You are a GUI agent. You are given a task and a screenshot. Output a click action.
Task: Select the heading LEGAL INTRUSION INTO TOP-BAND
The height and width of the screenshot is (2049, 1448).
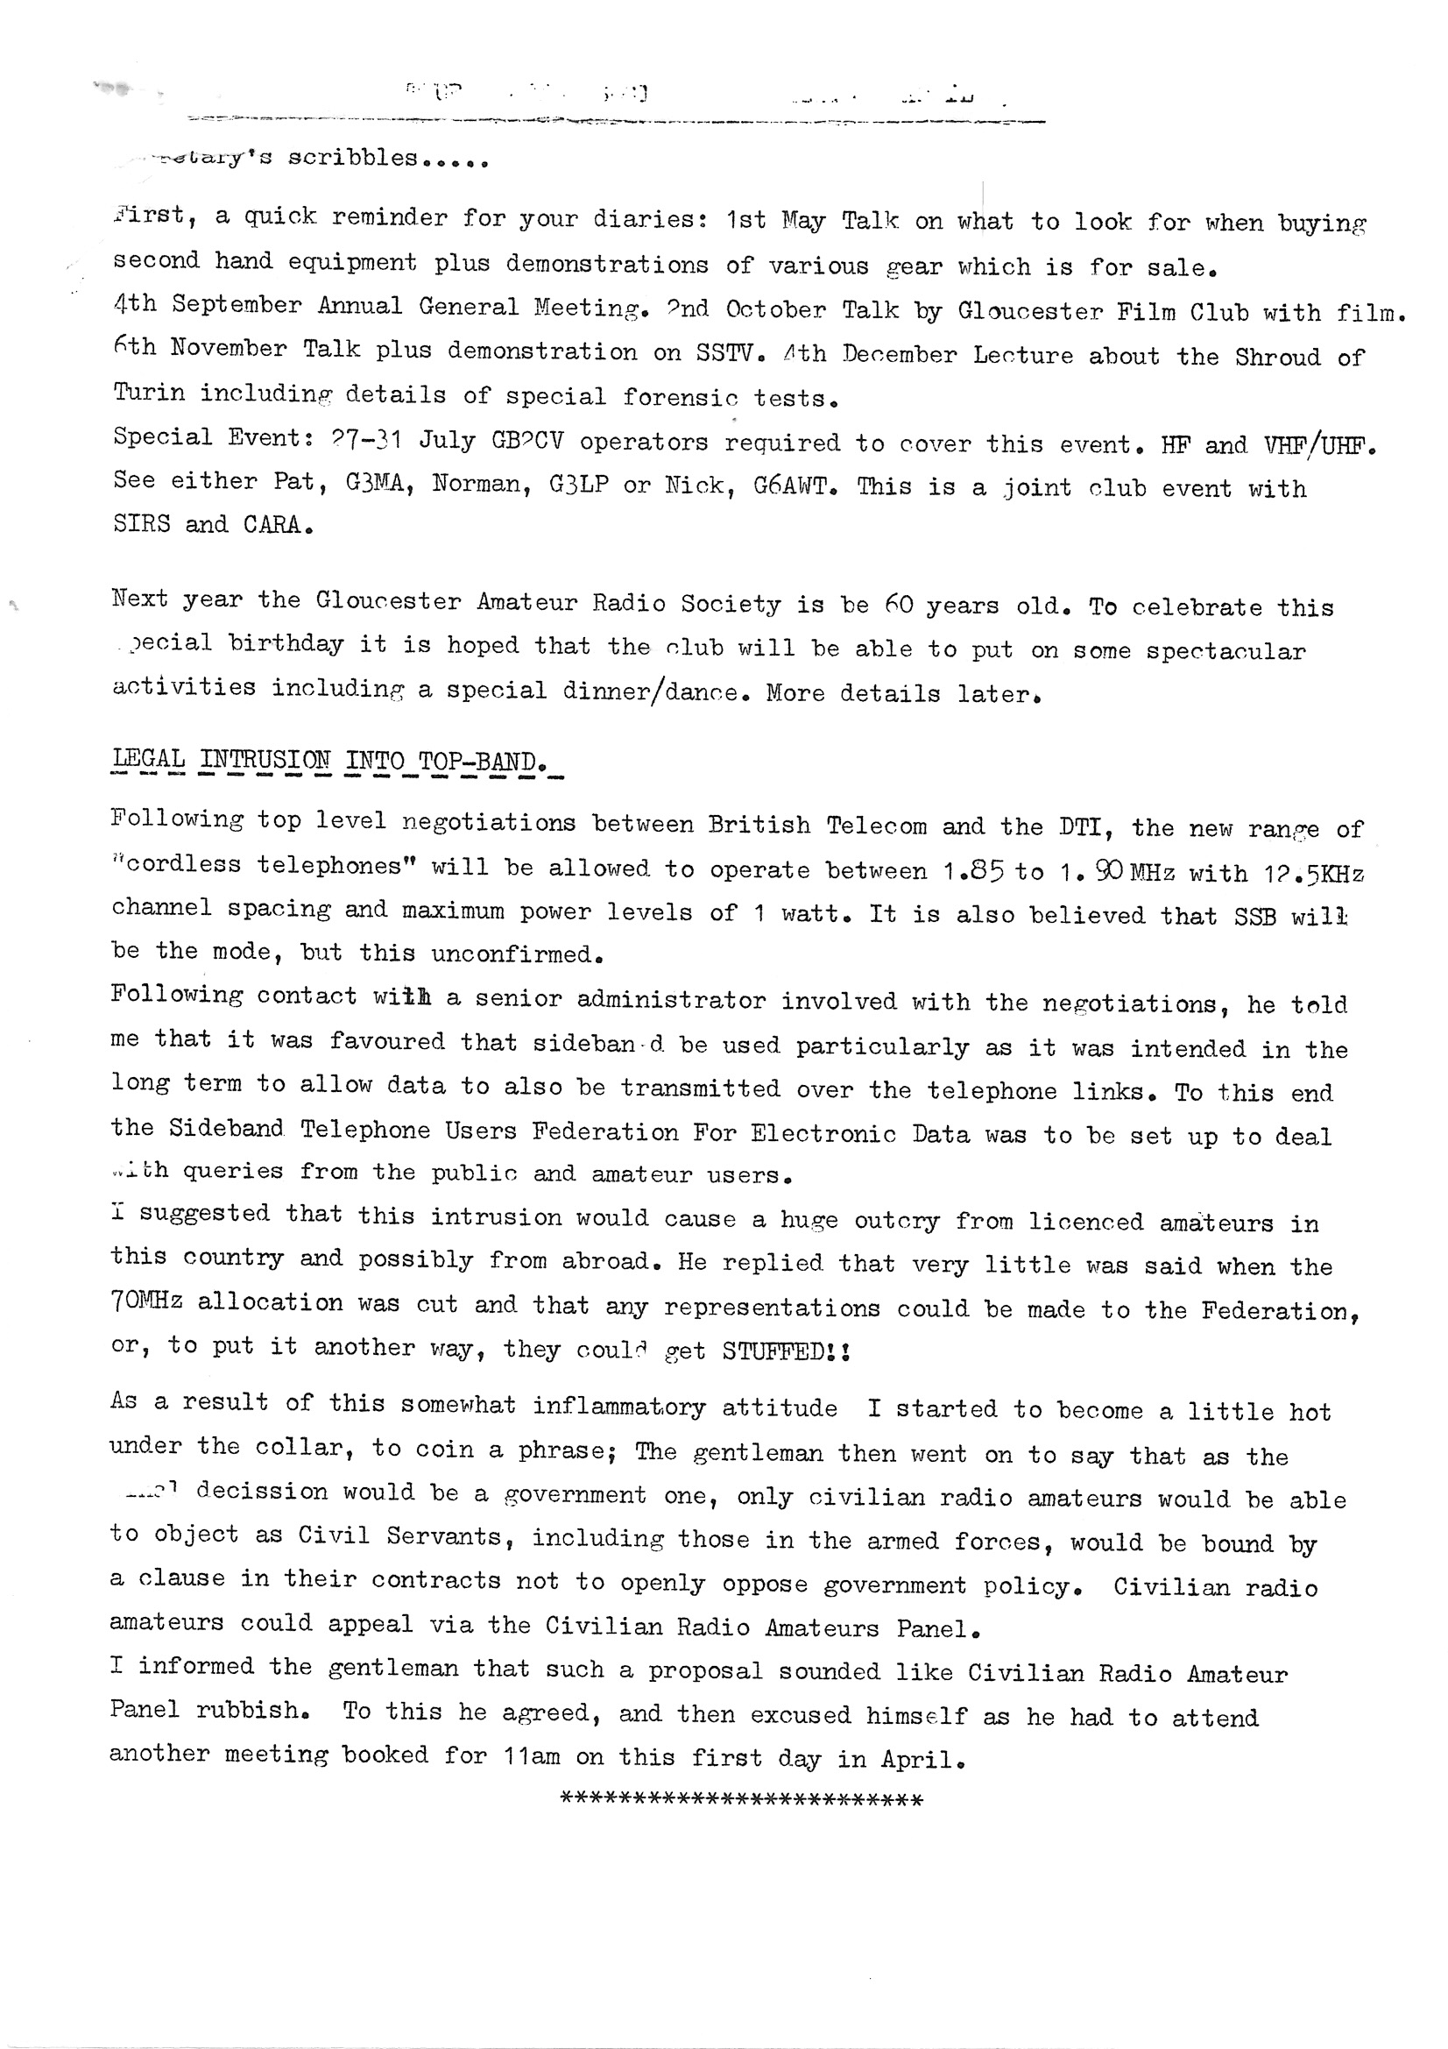coord(326,761)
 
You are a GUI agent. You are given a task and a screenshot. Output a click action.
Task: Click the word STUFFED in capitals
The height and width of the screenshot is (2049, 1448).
coord(774,1352)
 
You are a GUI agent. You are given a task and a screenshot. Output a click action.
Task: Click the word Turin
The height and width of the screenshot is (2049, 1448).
coord(148,392)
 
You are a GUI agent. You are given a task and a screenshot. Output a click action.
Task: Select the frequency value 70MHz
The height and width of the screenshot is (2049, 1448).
coord(146,1302)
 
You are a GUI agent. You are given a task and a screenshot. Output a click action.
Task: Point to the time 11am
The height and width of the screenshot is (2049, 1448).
coord(532,1756)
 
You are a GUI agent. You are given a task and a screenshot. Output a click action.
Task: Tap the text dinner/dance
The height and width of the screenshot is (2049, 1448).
coord(650,691)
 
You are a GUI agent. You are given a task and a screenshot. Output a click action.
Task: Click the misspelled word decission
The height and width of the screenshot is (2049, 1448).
coord(262,1492)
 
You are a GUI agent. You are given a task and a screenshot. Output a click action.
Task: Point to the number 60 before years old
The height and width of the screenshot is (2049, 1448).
coord(899,605)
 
